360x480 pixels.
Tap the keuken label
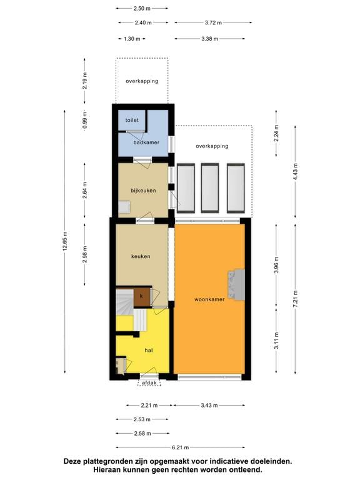[141, 256]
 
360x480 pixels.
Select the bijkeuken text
[142, 190]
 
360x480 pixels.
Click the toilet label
[132, 119]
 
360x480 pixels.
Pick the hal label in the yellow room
[149, 351]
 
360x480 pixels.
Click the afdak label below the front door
[149, 382]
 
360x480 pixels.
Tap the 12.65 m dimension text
[64, 241]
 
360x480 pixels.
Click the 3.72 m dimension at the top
[213, 23]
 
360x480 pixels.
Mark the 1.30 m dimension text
[131, 39]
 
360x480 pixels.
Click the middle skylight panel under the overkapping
[210, 188]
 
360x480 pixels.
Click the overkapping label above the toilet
[141, 81]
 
